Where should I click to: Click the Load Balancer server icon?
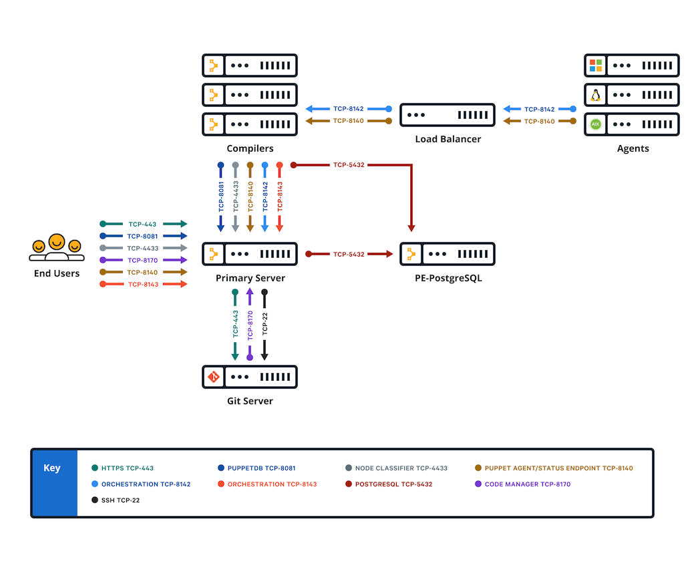pos(447,115)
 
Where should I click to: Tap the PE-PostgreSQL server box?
pos(447,254)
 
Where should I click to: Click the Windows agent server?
pos(631,65)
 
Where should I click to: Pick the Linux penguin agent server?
pos(631,95)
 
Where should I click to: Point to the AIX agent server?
pos(631,124)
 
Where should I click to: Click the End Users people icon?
pos(56,249)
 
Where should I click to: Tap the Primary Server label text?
pos(250,278)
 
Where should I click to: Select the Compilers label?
pos(250,148)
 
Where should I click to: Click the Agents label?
pos(633,148)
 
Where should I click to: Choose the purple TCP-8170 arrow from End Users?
pos(143,260)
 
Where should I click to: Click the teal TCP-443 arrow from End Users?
pos(143,224)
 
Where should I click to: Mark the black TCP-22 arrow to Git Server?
pos(265,325)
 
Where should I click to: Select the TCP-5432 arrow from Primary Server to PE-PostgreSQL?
pos(349,254)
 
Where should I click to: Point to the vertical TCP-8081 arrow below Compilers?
pos(220,197)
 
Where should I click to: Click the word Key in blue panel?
pos(52,468)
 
